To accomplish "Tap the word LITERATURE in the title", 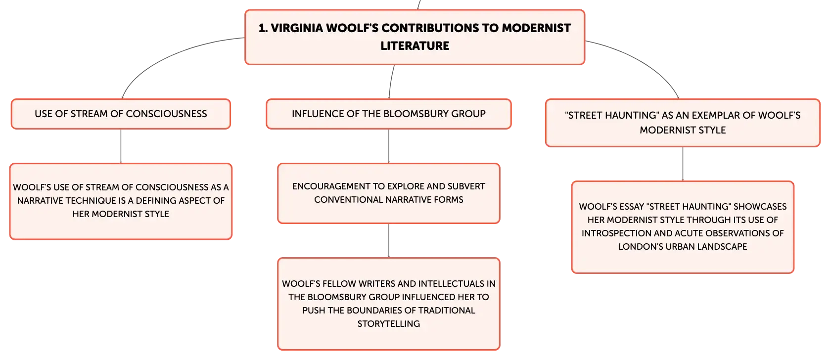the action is [x=415, y=46].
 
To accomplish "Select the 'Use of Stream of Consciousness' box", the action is [x=121, y=114].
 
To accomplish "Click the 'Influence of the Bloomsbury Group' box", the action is [x=389, y=114].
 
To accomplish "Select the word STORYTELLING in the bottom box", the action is [x=389, y=324].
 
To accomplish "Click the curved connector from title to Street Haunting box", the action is [x=643, y=61].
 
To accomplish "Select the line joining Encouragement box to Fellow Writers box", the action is [x=389, y=241].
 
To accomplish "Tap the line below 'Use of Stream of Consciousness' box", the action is [x=121, y=146].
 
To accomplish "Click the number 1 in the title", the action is [x=262, y=28].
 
